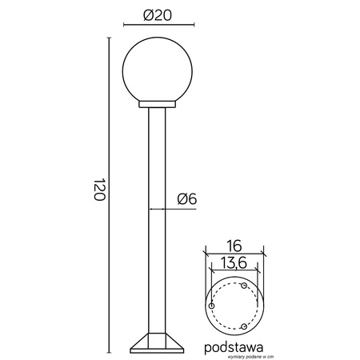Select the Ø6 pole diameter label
pos(183,198)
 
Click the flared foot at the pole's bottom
pos(156,342)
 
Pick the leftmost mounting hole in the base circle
pos(210,306)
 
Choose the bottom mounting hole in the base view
pos(243,326)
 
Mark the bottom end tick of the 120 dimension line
pos(108,351)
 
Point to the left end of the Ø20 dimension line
pos(123,25)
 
